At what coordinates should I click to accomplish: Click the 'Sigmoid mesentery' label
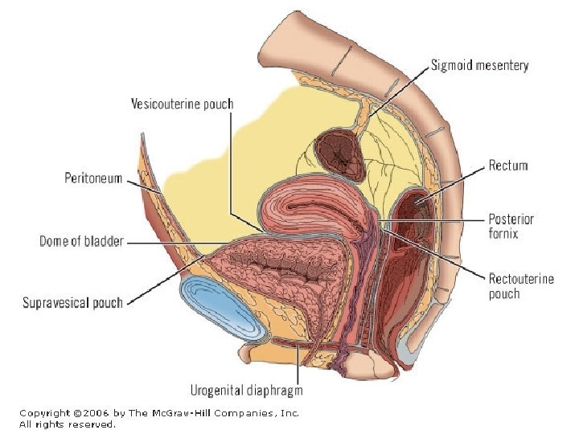point(479,65)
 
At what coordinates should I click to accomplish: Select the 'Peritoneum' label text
point(93,178)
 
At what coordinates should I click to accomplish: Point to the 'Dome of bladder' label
point(81,240)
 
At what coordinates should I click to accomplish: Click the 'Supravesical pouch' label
point(72,303)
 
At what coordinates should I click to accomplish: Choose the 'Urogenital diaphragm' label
point(246,391)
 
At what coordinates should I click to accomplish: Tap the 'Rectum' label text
point(508,166)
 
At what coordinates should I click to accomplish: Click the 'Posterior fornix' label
point(511,226)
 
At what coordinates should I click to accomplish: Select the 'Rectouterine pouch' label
point(521,286)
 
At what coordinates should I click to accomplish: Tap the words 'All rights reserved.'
point(68,424)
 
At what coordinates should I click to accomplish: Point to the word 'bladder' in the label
point(103,240)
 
